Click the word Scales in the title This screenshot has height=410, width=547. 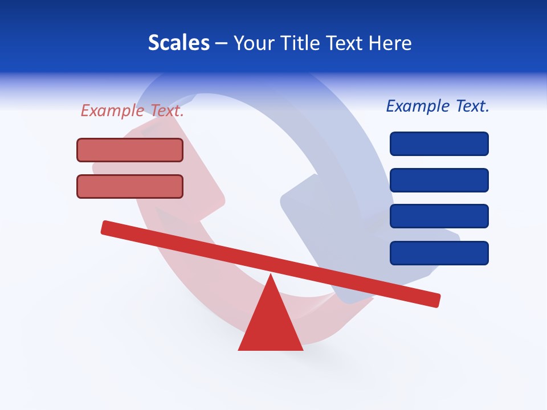pyautogui.click(x=178, y=43)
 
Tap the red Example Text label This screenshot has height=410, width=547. pyautogui.click(x=132, y=110)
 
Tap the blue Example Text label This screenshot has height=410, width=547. pyautogui.click(x=438, y=106)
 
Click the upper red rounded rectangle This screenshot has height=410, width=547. pyautogui.click(x=130, y=150)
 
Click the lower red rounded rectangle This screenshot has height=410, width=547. pyautogui.click(x=130, y=186)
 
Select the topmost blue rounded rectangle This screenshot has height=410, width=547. pyautogui.click(x=439, y=143)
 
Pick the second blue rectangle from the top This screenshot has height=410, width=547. pyautogui.click(x=439, y=180)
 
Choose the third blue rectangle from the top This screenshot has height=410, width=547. pyautogui.click(x=439, y=216)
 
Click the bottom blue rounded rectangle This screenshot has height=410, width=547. pyautogui.click(x=439, y=253)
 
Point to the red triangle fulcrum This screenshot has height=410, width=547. pyautogui.click(x=270, y=325)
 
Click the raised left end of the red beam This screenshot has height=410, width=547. pyautogui.click(x=108, y=227)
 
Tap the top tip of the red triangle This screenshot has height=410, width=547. pyautogui.click(x=271, y=276)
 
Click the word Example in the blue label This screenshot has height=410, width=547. pyautogui.click(x=418, y=106)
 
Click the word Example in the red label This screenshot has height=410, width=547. pyautogui.click(x=112, y=110)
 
